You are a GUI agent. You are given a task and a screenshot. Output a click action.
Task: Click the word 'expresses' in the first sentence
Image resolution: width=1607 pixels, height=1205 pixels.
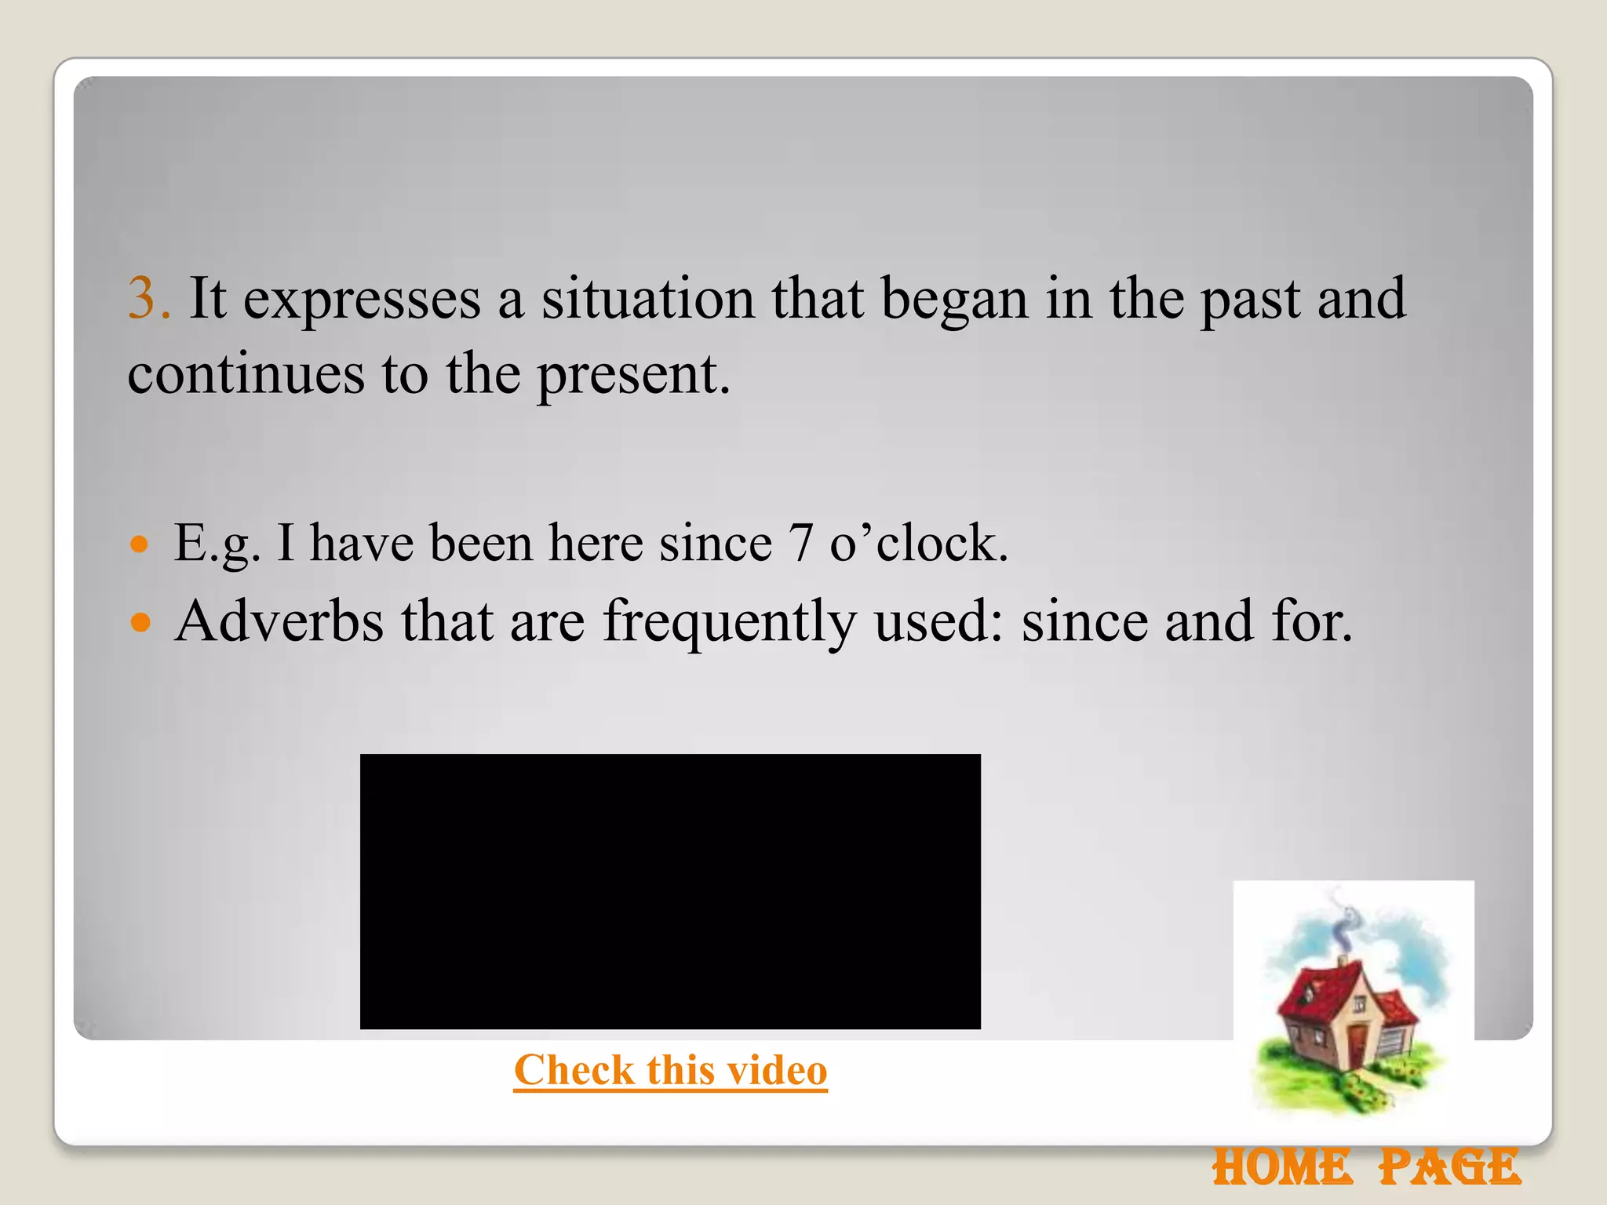point(362,301)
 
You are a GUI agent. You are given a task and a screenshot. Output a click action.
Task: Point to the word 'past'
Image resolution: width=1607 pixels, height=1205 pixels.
point(1250,301)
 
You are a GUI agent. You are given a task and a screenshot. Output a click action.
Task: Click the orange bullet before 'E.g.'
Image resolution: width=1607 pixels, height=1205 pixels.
point(140,544)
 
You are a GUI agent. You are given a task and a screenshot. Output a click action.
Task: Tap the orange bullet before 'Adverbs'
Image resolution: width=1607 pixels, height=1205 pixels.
point(140,623)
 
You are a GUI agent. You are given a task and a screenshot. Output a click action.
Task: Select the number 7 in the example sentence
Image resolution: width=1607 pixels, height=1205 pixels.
point(800,543)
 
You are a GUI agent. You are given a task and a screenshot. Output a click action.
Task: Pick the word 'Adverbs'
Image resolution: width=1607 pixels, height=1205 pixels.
point(279,621)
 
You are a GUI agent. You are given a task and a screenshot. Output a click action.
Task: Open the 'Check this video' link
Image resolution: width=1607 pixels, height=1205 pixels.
point(670,1070)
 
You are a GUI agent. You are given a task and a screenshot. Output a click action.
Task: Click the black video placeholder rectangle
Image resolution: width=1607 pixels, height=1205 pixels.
point(670,891)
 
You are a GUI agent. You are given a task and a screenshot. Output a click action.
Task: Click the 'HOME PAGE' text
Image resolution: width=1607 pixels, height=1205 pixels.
point(1366,1167)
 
